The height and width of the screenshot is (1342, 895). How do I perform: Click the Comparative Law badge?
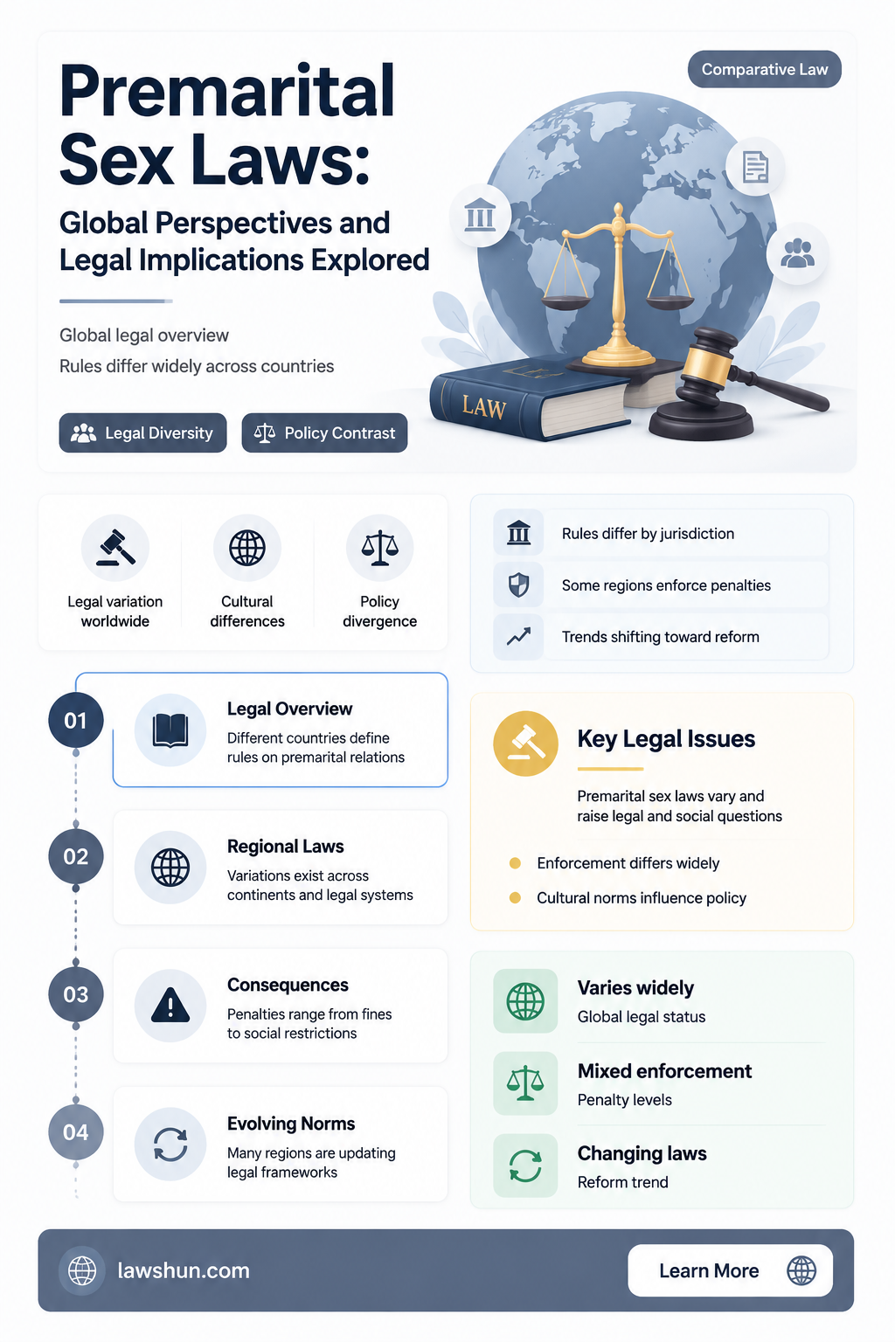click(x=764, y=70)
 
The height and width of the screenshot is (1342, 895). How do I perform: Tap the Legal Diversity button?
click(x=142, y=432)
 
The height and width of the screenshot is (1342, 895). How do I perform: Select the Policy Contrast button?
click(x=324, y=432)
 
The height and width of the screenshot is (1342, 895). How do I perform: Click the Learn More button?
click(x=730, y=1270)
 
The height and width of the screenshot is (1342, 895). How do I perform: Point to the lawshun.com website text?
click(x=184, y=1270)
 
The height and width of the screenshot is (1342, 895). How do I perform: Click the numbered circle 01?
click(x=75, y=720)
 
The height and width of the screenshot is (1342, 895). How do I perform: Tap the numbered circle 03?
click(x=75, y=994)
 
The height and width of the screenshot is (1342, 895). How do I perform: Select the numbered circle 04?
click(x=75, y=1132)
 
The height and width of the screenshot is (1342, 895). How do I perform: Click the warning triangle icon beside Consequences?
click(x=170, y=1005)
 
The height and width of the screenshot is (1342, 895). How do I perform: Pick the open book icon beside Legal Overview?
click(x=170, y=730)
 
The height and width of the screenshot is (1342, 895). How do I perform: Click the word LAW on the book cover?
click(x=483, y=407)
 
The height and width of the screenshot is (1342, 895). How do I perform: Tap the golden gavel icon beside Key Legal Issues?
click(x=526, y=744)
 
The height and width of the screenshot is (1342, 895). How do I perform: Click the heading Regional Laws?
click(x=285, y=846)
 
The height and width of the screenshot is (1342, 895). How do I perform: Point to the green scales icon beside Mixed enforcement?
click(x=525, y=1083)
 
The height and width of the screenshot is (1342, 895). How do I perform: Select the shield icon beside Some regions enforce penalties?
click(x=518, y=585)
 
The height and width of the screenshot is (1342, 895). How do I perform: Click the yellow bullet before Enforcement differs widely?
click(x=514, y=863)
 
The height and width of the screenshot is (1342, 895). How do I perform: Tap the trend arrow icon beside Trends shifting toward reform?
click(x=518, y=636)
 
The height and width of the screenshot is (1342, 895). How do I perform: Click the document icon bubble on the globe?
click(x=755, y=167)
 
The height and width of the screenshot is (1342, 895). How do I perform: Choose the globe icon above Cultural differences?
click(x=247, y=548)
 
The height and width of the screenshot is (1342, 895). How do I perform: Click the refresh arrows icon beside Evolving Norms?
click(x=170, y=1145)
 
